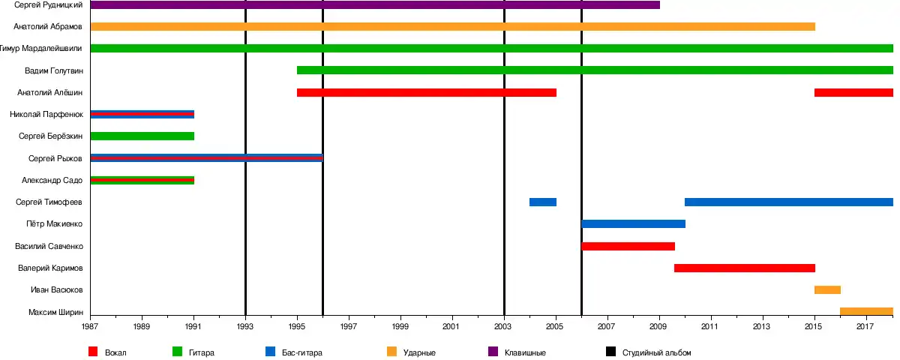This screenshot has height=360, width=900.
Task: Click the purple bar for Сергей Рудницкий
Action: coord(375,5)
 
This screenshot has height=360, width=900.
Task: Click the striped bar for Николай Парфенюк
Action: coord(142,115)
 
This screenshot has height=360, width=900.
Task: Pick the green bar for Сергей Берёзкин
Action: coord(142,136)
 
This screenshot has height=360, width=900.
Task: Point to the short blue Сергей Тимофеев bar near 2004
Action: coord(542,202)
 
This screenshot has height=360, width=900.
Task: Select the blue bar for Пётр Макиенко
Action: coord(633,224)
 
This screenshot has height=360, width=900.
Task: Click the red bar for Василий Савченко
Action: coord(628,246)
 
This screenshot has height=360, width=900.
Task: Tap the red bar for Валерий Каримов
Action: coord(744,268)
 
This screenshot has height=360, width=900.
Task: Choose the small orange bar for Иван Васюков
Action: coord(827,290)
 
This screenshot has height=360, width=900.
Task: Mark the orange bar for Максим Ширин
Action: coord(866,312)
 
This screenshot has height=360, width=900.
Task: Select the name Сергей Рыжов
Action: coord(55,159)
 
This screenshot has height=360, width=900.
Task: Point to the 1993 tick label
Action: coord(245,327)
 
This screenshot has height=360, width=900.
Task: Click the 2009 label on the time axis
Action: coord(658,327)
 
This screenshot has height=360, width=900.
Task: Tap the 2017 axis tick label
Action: coord(865,327)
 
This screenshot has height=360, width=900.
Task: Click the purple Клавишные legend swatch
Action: coord(493,352)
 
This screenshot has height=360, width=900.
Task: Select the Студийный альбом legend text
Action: coord(656,352)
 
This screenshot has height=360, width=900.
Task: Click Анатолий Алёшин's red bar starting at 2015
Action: coord(853,93)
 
